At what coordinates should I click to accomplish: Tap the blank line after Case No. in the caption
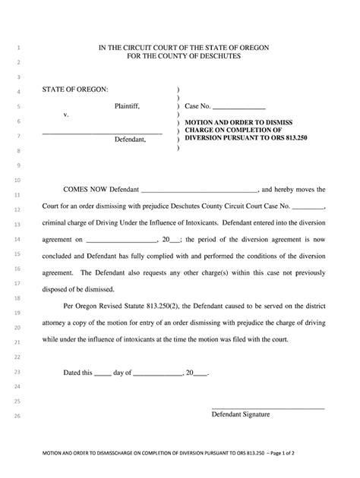(239, 109)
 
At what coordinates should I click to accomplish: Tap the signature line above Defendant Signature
(267, 409)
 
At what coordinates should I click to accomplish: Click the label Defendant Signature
(240, 415)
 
